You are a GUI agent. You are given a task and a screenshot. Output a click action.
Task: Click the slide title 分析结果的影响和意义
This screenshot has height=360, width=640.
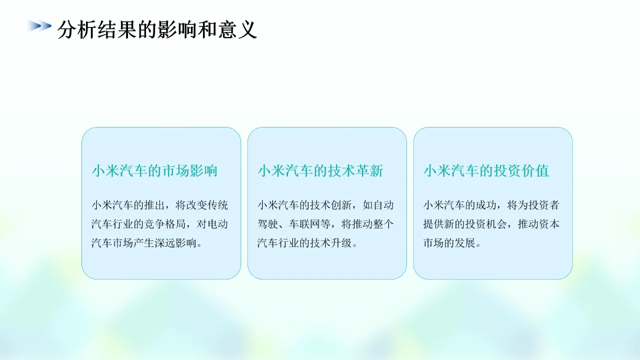pyautogui.click(x=157, y=30)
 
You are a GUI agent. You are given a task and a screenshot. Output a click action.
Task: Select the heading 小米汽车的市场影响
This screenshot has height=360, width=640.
pyautogui.click(x=154, y=171)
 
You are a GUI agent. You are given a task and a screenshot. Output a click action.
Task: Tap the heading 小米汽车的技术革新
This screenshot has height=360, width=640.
pyautogui.click(x=320, y=171)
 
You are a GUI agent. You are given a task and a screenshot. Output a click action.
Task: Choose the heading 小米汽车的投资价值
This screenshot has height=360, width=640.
pyautogui.click(x=486, y=171)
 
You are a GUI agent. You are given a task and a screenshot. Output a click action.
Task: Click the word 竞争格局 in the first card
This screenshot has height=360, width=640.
pyautogui.click(x=165, y=224)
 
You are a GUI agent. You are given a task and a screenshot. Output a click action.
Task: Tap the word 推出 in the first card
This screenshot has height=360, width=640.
pyautogui.click(x=159, y=205)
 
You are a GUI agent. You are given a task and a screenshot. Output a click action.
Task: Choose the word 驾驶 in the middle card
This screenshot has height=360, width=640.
pyautogui.click(x=269, y=224)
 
